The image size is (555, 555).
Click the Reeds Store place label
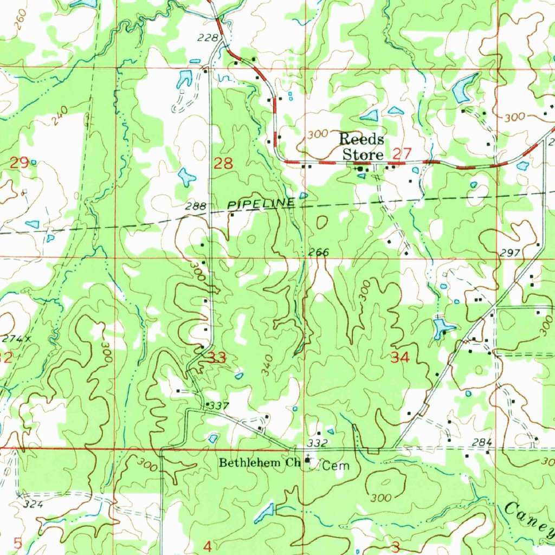362,147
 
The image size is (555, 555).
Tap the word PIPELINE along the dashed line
262,204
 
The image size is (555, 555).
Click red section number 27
402,154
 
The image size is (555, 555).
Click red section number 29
20,162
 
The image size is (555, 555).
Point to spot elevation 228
210,37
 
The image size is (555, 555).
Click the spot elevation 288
195,206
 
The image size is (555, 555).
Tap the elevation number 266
319,252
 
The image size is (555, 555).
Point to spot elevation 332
320,443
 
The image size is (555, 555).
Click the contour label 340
267,366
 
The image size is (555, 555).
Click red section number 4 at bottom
207,546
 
